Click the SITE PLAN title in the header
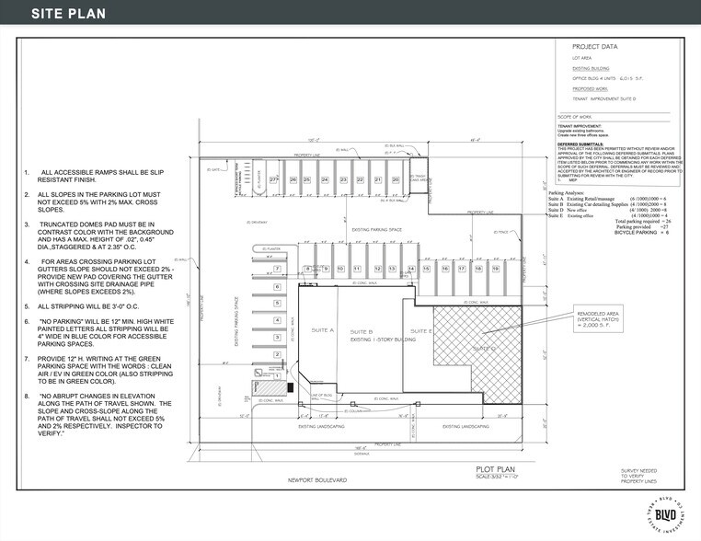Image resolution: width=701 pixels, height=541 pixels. (68, 14)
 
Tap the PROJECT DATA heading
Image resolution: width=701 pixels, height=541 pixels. (595, 46)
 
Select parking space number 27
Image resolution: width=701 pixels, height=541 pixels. (273, 179)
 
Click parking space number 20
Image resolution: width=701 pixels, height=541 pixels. (395, 179)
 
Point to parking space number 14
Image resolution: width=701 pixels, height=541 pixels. (411, 269)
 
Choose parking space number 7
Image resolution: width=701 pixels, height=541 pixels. (277, 270)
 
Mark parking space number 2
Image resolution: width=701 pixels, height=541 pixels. (277, 353)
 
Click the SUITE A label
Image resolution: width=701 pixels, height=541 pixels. (324, 330)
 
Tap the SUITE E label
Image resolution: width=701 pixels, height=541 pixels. (421, 330)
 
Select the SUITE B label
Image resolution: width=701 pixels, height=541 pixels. (362, 330)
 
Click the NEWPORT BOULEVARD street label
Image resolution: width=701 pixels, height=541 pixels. (316, 479)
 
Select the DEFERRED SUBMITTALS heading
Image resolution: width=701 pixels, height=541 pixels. (580, 144)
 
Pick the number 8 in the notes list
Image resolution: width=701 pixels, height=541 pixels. (27, 396)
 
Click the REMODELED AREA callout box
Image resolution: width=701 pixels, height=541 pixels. (595, 317)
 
